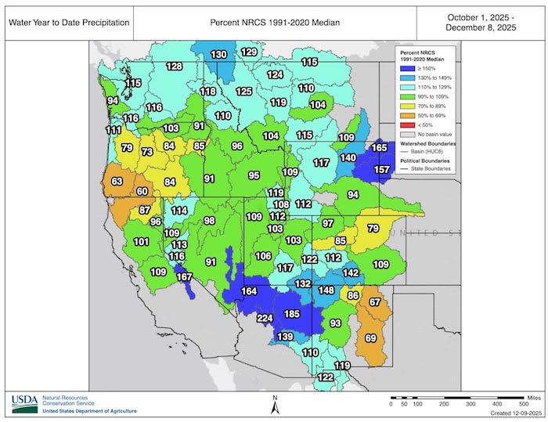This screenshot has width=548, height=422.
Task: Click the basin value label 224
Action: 265,318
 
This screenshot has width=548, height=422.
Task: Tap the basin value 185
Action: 291,314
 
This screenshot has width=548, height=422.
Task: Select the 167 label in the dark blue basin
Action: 185,276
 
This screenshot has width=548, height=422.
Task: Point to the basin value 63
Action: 117,182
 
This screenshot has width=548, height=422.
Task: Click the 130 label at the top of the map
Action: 219,54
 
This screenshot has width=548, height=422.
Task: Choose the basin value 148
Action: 326,291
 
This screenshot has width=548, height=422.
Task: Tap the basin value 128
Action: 174,67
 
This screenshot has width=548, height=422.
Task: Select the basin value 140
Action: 348,157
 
